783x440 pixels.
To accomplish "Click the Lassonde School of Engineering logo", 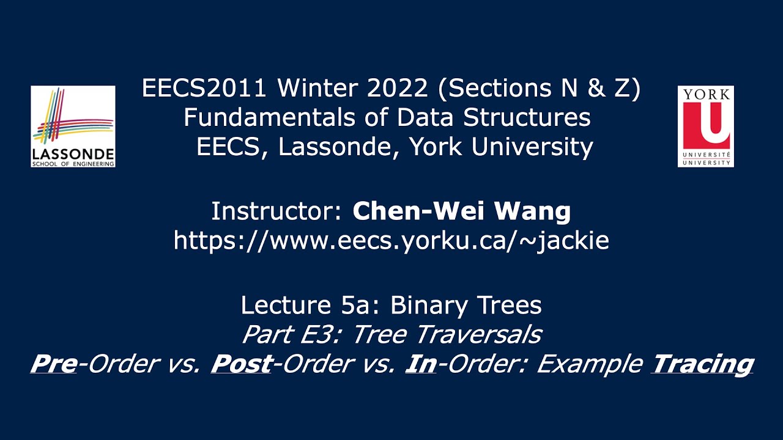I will coord(73,127).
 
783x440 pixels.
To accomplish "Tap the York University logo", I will coord(705,127).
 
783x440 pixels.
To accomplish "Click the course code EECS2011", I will coord(204,89).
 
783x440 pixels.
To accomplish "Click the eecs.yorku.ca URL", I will coord(391,241).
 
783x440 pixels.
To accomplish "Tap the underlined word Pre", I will coord(53,364).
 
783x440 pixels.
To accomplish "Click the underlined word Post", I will coord(241,364).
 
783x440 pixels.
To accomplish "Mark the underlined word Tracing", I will coord(702,364).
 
